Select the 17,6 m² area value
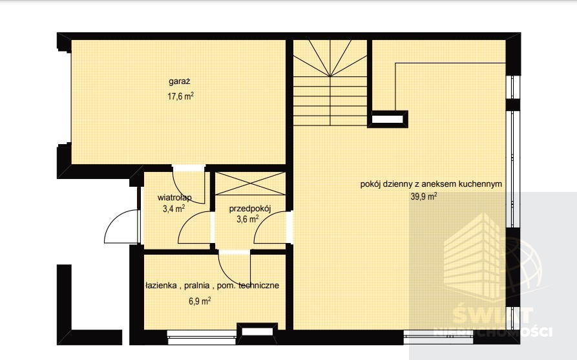[x=180, y=96]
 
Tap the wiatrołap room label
[x=174, y=198]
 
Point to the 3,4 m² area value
[x=174, y=209]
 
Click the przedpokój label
[x=250, y=209]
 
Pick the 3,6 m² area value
[x=247, y=219]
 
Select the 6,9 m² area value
[x=200, y=301]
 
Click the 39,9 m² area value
[x=424, y=196]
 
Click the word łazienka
[x=161, y=285]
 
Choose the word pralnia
[x=197, y=285]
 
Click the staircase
[x=330, y=83]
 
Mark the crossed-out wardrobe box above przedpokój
[x=250, y=184]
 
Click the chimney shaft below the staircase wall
[x=388, y=119]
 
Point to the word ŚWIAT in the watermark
[x=492, y=316]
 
